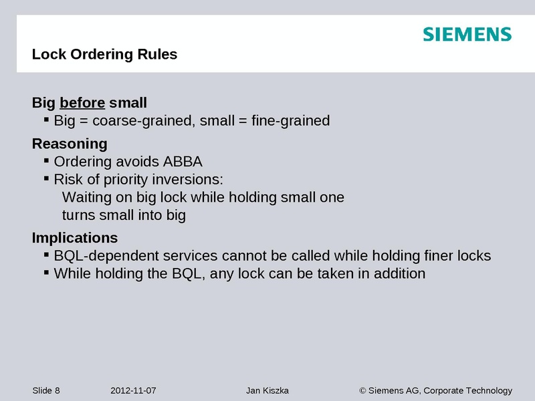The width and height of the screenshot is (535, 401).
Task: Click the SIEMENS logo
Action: pyautogui.click(x=467, y=35)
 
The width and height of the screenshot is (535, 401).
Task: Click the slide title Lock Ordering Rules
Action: pyautogui.click(x=104, y=55)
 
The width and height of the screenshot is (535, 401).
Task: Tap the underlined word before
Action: pyautogui.click(x=82, y=103)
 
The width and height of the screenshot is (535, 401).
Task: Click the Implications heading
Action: pyautogui.click(x=75, y=238)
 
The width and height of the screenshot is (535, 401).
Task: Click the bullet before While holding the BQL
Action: pyautogui.click(x=46, y=272)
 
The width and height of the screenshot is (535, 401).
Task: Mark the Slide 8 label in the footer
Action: pyautogui.click(x=46, y=391)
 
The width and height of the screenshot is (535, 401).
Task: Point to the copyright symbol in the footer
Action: pyautogui.click(x=363, y=391)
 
